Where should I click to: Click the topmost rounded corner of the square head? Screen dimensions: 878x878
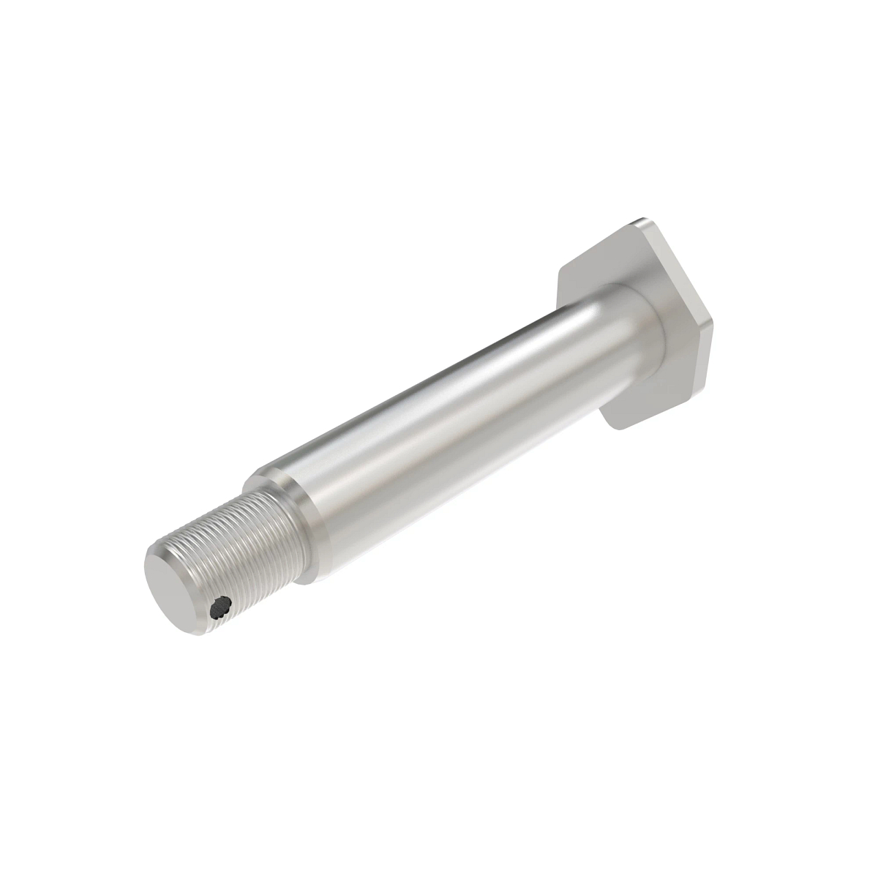tap(642, 221)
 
